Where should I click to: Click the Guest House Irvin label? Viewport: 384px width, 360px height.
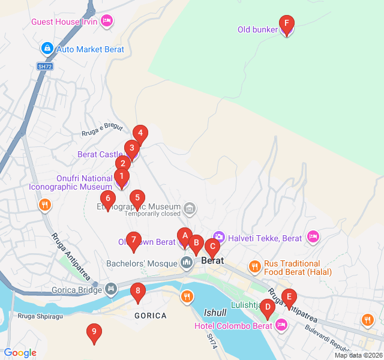click(x=64, y=22)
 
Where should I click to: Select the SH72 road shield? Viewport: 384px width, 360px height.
click(x=45, y=67)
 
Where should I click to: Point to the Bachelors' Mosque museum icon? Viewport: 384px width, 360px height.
click(x=187, y=263)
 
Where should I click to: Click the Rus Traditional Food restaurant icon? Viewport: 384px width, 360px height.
click(x=255, y=265)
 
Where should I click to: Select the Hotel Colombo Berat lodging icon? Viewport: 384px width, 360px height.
click(x=281, y=325)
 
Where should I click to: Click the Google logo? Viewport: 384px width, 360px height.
click(x=20, y=353)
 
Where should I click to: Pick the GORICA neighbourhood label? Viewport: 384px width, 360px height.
click(x=151, y=315)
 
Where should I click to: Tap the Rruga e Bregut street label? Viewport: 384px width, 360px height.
click(x=102, y=129)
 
